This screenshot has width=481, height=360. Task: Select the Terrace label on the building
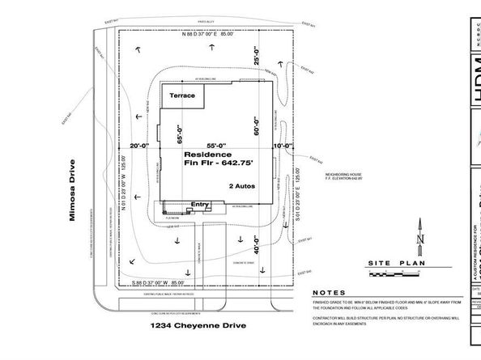(182, 95)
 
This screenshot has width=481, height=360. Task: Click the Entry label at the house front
(199, 205)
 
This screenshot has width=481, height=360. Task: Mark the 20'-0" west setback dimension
(141, 146)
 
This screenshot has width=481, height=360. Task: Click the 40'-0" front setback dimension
(257, 243)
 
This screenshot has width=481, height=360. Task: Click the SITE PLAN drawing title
(395, 264)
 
